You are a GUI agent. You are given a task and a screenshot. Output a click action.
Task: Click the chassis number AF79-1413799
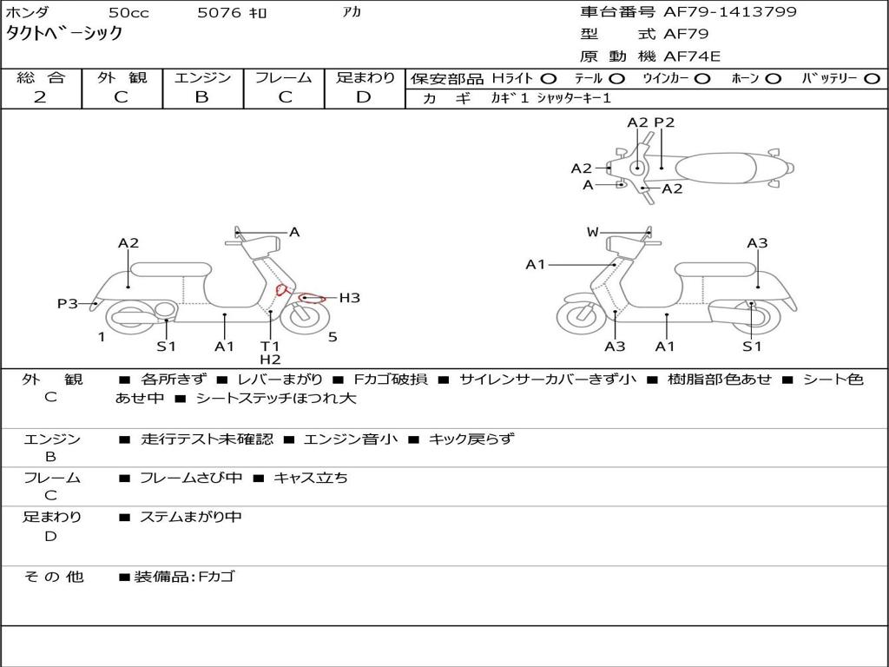pyautogui.click(x=718, y=12)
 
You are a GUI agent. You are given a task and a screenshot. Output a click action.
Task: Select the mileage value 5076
pyautogui.click(x=220, y=13)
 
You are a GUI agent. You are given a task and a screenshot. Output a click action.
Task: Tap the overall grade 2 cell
pyautogui.click(x=40, y=96)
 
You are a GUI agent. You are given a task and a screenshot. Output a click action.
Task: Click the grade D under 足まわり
pyautogui.click(x=364, y=96)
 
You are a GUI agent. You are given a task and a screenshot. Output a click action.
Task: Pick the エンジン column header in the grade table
pyautogui.click(x=202, y=77)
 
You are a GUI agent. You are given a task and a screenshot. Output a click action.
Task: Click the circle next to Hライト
pyautogui.click(x=549, y=78)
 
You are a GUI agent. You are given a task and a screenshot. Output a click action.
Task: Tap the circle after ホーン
pyautogui.click(x=773, y=78)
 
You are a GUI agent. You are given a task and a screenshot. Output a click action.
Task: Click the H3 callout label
pyautogui.click(x=349, y=298)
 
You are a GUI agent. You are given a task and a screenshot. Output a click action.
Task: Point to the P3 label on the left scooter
pyautogui.click(x=68, y=304)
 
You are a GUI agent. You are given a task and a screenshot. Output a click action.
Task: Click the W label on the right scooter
pyautogui.click(x=593, y=232)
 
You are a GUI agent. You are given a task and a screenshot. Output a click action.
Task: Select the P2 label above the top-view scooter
pyautogui.click(x=664, y=122)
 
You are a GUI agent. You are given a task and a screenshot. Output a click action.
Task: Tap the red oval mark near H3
pyautogui.click(x=308, y=298)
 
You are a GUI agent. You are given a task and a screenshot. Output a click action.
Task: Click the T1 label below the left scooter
pyautogui.click(x=270, y=346)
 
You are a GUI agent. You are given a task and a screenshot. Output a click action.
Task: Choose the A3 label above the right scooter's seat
pyautogui.click(x=757, y=243)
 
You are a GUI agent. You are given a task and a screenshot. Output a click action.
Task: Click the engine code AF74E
pyautogui.click(x=692, y=56)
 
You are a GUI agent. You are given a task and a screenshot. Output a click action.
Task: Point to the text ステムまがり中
pyautogui.click(x=191, y=517)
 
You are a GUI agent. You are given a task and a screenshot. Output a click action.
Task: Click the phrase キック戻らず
pyautogui.click(x=471, y=439)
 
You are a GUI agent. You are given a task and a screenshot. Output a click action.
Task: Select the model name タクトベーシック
pyautogui.click(x=64, y=34)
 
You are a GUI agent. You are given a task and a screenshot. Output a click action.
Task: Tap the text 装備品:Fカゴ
pyautogui.click(x=184, y=576)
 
